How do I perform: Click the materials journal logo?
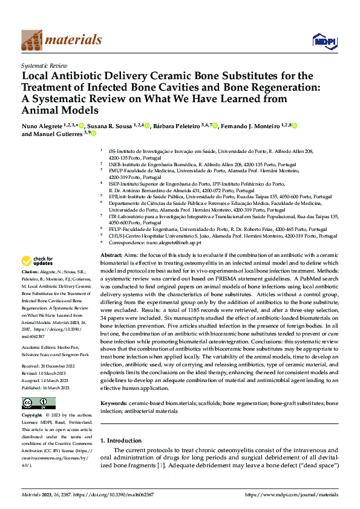(x=61, y=40)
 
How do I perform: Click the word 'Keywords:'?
(x=113, y=385)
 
